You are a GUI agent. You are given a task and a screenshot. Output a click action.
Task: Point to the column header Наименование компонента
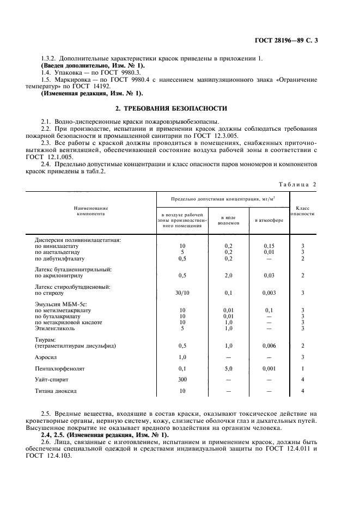click(91, 211)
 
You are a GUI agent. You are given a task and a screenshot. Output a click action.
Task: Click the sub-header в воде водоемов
click(228, 220)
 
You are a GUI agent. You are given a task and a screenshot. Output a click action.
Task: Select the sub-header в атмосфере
click(269, 220)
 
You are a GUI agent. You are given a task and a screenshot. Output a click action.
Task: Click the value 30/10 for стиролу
click(182, 293)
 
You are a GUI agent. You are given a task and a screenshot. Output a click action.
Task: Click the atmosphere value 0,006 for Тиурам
click(269, 345)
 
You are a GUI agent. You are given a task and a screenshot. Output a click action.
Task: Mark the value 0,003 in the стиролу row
click(269, 293)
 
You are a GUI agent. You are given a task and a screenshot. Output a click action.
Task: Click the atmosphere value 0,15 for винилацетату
click(269, 246)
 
